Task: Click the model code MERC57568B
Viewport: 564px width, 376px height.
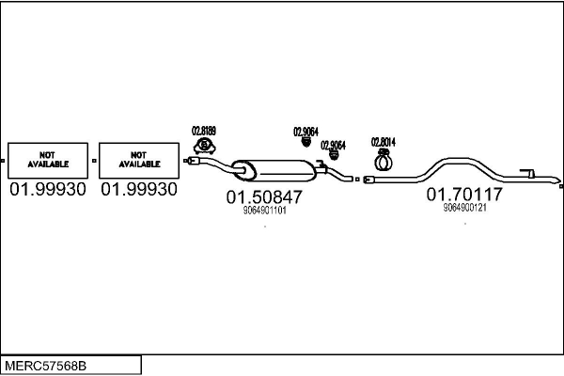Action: [x=47, y=363]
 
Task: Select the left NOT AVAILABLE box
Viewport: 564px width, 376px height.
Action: [x=47, y=160]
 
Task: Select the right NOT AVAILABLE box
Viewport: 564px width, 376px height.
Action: [x=138, y=160]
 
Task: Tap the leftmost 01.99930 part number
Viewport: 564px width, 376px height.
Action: [x=47, y=190]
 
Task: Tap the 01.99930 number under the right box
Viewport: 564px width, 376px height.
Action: [x=138, y=190]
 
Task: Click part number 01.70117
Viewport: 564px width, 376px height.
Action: [x=464, y=195]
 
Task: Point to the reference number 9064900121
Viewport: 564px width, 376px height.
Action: [x=464, y=207]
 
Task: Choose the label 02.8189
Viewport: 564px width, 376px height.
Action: [x=204, y=131]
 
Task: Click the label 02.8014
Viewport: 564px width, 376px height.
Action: [x=384, y=142]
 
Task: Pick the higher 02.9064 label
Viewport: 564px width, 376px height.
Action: [x=306, y=132]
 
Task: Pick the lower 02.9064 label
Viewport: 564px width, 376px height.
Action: [x=333, y=145]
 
